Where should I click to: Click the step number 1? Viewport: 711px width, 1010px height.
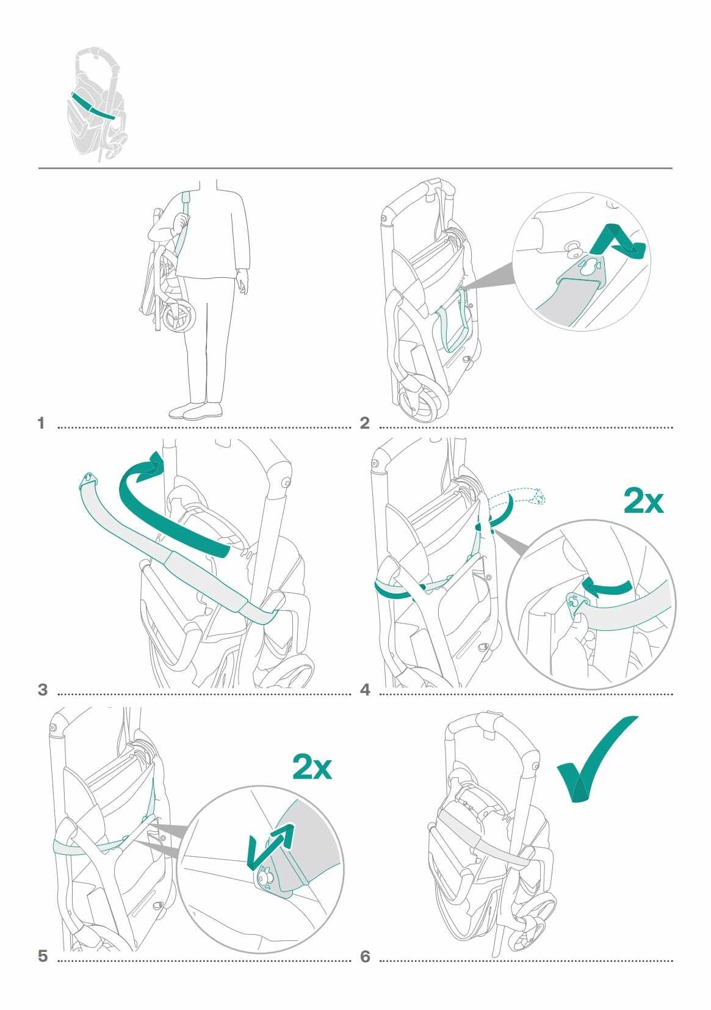tap(42, 423)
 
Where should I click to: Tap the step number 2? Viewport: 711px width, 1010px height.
tap(364, 423)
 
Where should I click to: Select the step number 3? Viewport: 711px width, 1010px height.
tap(43, 689)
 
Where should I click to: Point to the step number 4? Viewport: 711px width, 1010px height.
tap(365, 689)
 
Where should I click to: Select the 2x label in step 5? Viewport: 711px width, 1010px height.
tap(312, 767)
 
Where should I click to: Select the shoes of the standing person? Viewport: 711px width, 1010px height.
tap(196, 411)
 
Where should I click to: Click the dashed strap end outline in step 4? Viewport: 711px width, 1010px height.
tap(518, 497)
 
